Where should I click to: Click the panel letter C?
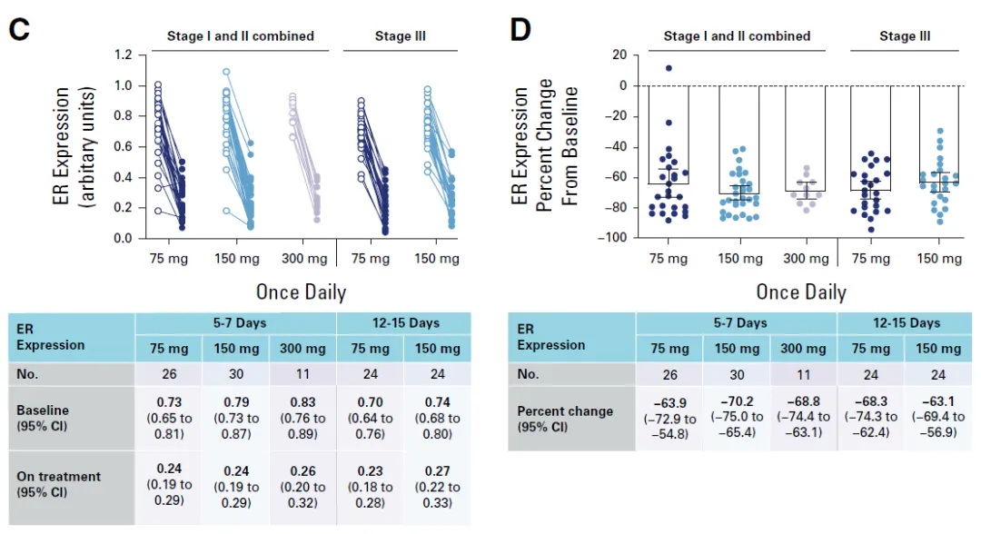[19, 30]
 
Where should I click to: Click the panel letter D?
[520, 30]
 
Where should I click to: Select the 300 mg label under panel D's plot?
[807, 259]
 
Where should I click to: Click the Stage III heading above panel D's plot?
[904, 36]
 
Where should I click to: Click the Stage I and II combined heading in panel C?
[240, 36]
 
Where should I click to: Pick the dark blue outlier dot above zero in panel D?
[669, 68]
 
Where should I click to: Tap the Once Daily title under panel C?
[301, 292]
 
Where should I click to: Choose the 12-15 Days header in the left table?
[403, 322]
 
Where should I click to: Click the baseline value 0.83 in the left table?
[302, 411]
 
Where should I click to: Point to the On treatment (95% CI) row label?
[59, 484]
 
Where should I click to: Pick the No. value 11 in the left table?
[302, 373]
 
